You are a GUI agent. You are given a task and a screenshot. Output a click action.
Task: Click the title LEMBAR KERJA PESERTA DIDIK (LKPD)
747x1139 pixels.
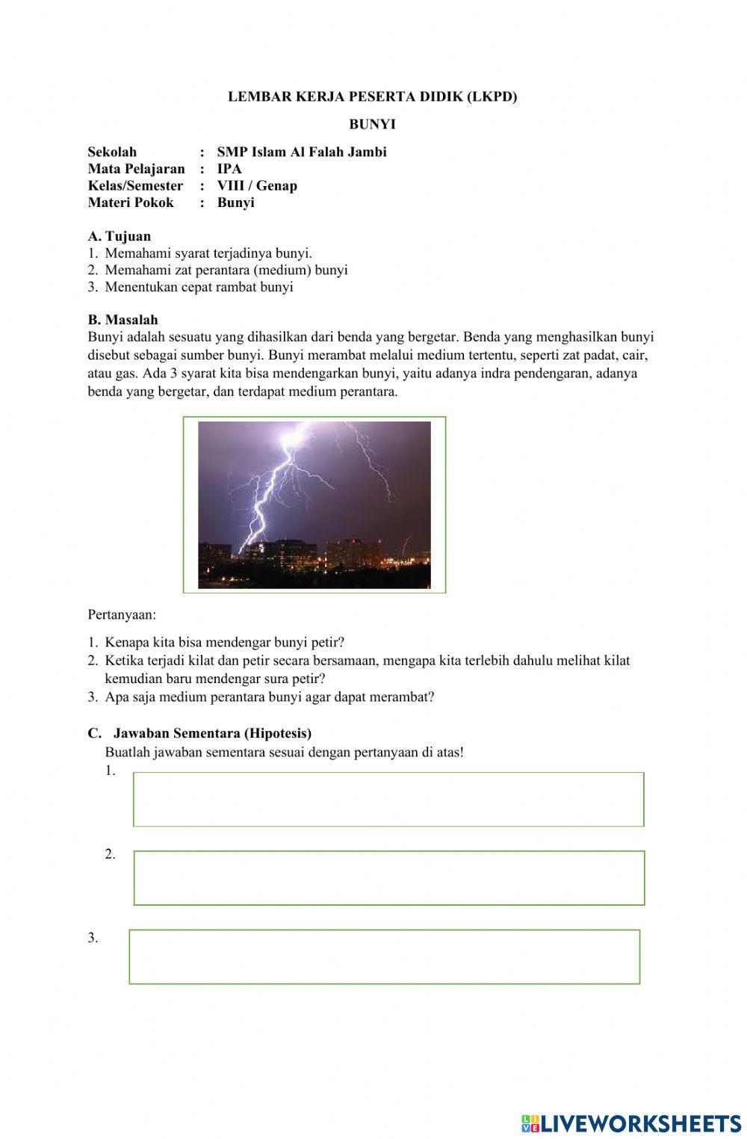tap(372, 96)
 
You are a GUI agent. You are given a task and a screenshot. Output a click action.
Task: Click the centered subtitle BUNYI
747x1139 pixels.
tap(372, 124)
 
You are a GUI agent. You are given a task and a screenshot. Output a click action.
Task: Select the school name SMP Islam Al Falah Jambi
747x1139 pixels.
tap(302, 152)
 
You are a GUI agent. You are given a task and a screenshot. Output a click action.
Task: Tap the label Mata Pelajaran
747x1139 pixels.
tap(136, 169)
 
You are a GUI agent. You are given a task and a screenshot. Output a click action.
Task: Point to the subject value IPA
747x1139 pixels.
tap(229, 169)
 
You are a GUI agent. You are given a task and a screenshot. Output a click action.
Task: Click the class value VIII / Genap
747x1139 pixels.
tap(257, 186)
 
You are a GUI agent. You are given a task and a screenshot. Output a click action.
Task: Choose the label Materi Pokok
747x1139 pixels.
tap(131, 203)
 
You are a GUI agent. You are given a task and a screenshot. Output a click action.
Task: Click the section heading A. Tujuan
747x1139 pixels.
tap(120, 236)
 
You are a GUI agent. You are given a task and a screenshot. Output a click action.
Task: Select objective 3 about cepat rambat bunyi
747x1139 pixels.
tap(199, 287)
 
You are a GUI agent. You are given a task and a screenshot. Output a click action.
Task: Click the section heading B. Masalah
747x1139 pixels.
tap(123, 320)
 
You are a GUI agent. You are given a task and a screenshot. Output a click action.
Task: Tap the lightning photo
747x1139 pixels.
tap(314, 504)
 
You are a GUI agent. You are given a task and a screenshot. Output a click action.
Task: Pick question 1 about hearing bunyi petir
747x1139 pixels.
tap(224, 642)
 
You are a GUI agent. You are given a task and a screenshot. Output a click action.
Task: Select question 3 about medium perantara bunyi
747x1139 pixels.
tap(269, 697)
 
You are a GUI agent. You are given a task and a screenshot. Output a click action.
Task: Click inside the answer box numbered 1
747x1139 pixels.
tap(388, 799)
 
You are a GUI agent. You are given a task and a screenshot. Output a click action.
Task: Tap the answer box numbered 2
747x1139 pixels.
tap(388, 877)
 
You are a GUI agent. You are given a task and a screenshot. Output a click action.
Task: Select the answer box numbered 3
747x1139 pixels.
tap(385, 957)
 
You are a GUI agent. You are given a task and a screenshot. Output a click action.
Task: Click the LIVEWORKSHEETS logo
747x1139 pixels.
tap(631, 1123)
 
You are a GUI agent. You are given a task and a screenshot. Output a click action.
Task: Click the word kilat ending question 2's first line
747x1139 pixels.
tap(617, 661)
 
